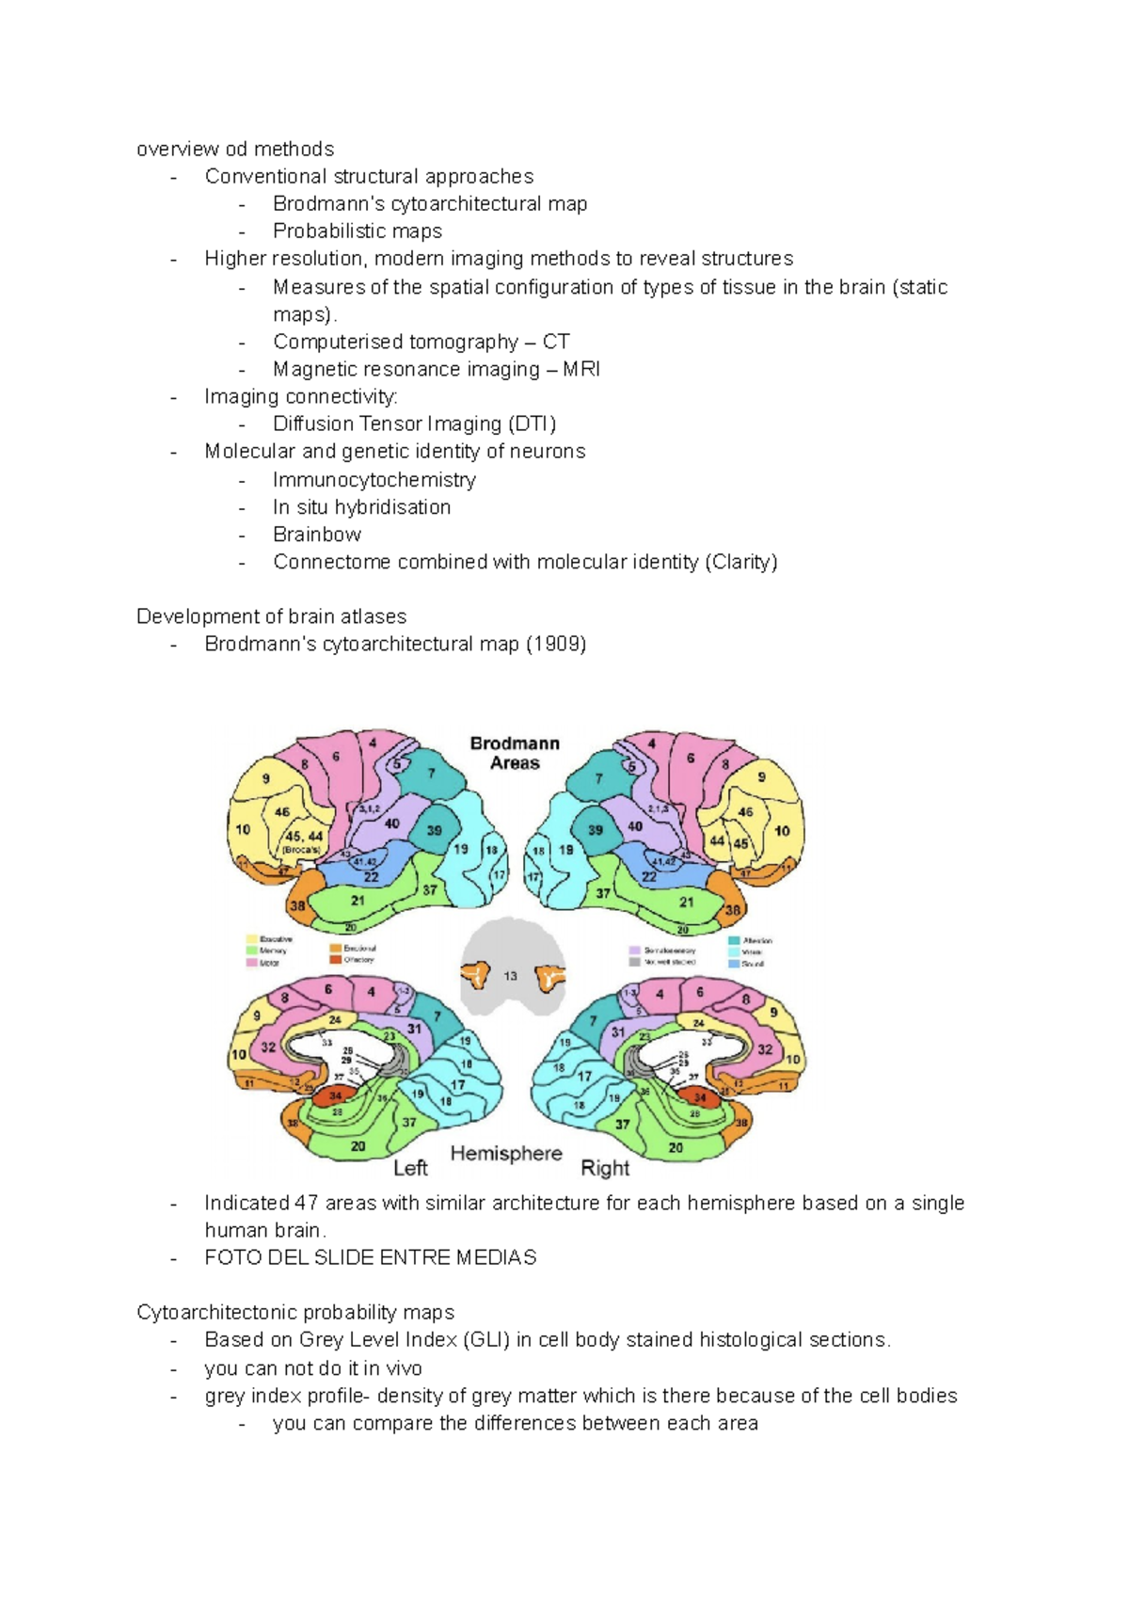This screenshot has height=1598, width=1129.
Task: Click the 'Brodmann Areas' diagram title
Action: [x=515, y=753]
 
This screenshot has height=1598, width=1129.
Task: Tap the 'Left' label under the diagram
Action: [x=410, y=1168]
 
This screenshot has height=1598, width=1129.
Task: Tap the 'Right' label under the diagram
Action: [x=605, y=1168]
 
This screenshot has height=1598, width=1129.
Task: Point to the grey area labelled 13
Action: [x=510, y=976]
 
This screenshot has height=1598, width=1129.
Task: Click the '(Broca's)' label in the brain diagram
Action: [x=301, y=849]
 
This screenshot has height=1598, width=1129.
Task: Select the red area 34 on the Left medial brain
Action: [x=335, y=1095]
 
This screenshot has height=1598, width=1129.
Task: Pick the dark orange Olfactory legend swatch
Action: [x=336, y=960]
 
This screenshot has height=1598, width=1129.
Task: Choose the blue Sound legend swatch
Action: [x=734, y=964]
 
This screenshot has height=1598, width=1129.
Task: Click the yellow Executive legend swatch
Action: [x=252, y=939]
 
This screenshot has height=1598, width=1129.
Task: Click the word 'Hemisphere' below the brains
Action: [x=506, y=1153]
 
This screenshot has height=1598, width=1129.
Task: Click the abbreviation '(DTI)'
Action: [x=533, y=423]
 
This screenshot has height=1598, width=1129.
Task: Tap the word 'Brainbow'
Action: [x=317, y=535]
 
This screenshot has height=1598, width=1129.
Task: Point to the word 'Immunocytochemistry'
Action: [x=374, y=480]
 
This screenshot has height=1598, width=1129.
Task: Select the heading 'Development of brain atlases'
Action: [x=271, y=616]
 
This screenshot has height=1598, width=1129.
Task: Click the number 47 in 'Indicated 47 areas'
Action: [x=307, y=1203]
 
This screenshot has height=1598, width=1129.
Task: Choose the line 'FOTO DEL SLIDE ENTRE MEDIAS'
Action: [x=371, y=1257]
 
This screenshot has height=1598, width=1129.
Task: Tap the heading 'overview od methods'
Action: [x=235, y=149]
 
